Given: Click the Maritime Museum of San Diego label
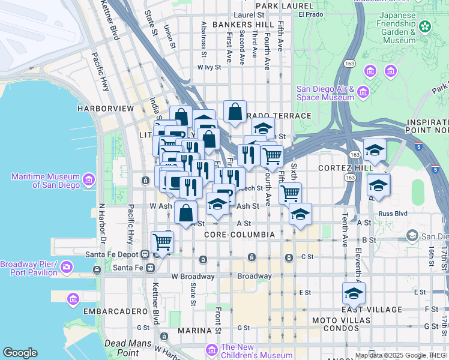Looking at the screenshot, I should click(45, 181).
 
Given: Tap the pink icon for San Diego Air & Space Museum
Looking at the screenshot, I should click(363, 92).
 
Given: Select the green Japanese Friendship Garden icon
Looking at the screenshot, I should click(425, 26).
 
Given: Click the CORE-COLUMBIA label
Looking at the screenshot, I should click(239, 234).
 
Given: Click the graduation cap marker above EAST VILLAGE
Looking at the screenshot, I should click(354, 294).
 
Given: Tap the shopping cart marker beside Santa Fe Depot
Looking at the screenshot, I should click(162, 242).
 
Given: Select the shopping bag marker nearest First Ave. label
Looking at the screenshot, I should click(235, 111).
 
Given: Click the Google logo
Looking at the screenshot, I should click(20, 353).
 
